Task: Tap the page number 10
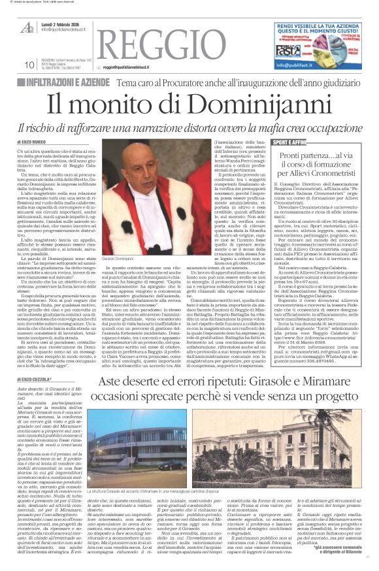[29, 64]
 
